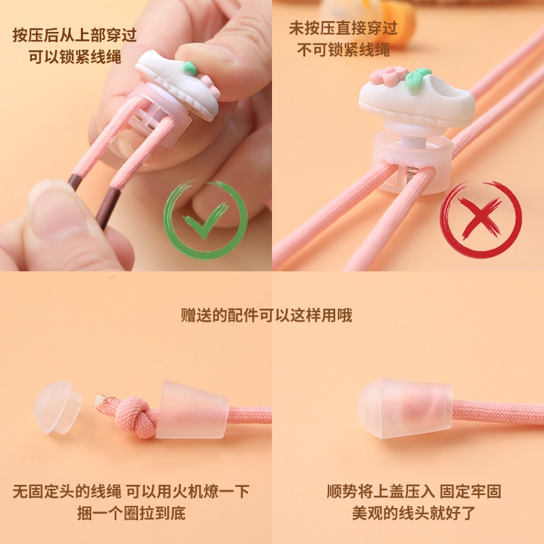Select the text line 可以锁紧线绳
click(75, 56)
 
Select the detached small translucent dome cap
click(57, 407)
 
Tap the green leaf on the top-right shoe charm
click(420, 74)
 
